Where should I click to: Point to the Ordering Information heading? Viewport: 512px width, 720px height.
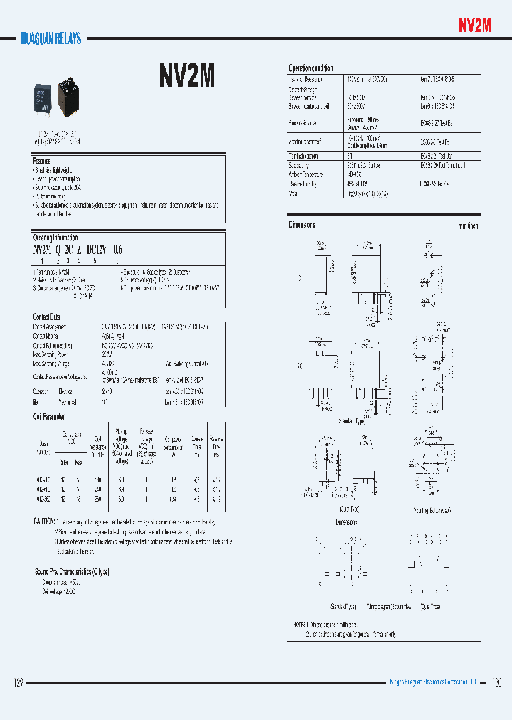click(x=55, y=238)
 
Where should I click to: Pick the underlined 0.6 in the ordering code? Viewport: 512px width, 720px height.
click(x=117, y=250)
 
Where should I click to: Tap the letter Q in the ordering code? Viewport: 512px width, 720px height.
click(x=58, y=250)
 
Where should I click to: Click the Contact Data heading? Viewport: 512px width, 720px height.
click(x=47, y=317)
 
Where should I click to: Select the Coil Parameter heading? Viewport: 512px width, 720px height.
click(x=49, y=416)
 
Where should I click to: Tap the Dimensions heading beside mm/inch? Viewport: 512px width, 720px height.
click(x=302, y=225)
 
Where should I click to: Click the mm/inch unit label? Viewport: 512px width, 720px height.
click(x=468, y=226)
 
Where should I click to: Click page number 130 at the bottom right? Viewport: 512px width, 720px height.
click(x=496, y=683)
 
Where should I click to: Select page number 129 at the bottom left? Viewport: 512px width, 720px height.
click(x=19, y=683)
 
